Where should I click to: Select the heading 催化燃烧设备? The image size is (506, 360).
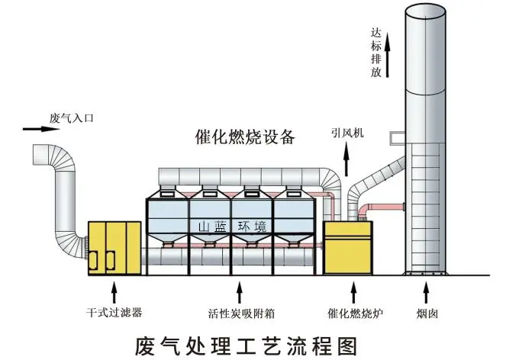234,137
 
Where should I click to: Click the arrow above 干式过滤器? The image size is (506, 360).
114,291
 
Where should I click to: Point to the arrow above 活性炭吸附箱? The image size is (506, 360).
240,291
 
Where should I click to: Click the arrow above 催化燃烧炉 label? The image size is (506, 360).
352,291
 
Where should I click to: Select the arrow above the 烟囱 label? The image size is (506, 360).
425,291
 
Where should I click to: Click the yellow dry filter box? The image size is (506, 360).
114,246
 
